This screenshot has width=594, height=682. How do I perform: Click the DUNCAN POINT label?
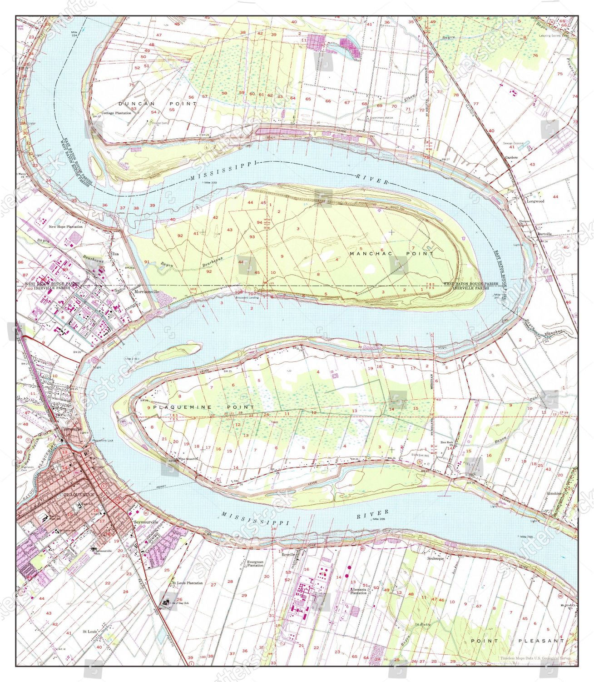[x=157, y=104]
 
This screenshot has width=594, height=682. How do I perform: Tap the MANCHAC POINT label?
[x=392, y=253]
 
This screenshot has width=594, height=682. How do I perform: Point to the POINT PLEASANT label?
[x=517, y=641]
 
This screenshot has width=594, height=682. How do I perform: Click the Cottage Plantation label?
[x=116, y=113]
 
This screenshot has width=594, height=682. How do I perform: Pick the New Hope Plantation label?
[x=66, y=226]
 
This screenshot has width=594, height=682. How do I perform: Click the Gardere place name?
[x=511, y=157]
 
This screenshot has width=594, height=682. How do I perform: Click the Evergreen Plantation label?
[x=255, y=564]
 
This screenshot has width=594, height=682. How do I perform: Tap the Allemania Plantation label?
[x=358, y=591]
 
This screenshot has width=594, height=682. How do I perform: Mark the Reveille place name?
[x=288, y=555]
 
